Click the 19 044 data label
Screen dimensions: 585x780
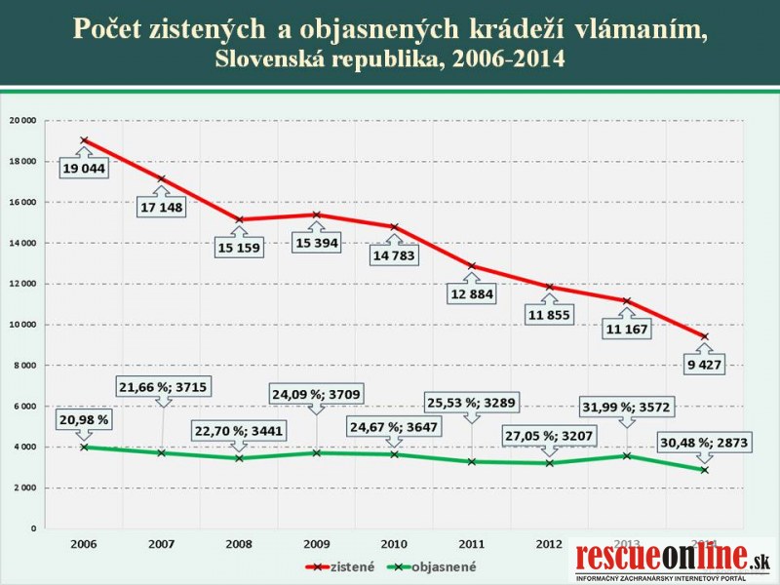click(x=84, y=169)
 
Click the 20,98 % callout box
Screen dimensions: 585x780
click(x=84, y=419)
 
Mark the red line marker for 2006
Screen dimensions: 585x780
click(x=84, y=140)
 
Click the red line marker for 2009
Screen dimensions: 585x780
click(x=316, y=214)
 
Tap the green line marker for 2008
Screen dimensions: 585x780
click(x=239, y=458)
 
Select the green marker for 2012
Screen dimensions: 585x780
click(x=549, y=463)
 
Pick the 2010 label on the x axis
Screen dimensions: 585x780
click(x=394, y=543)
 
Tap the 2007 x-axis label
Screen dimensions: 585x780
click(x=161, y=543)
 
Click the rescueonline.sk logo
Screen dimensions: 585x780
click(x=673, y=562)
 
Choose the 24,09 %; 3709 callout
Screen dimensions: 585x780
click(x=316, y=395)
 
